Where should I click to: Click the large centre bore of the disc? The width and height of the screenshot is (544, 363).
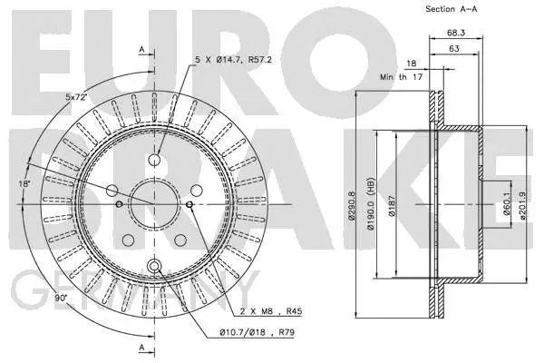click(154, 205)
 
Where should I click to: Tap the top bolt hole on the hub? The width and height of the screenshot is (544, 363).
click(154, 161)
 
